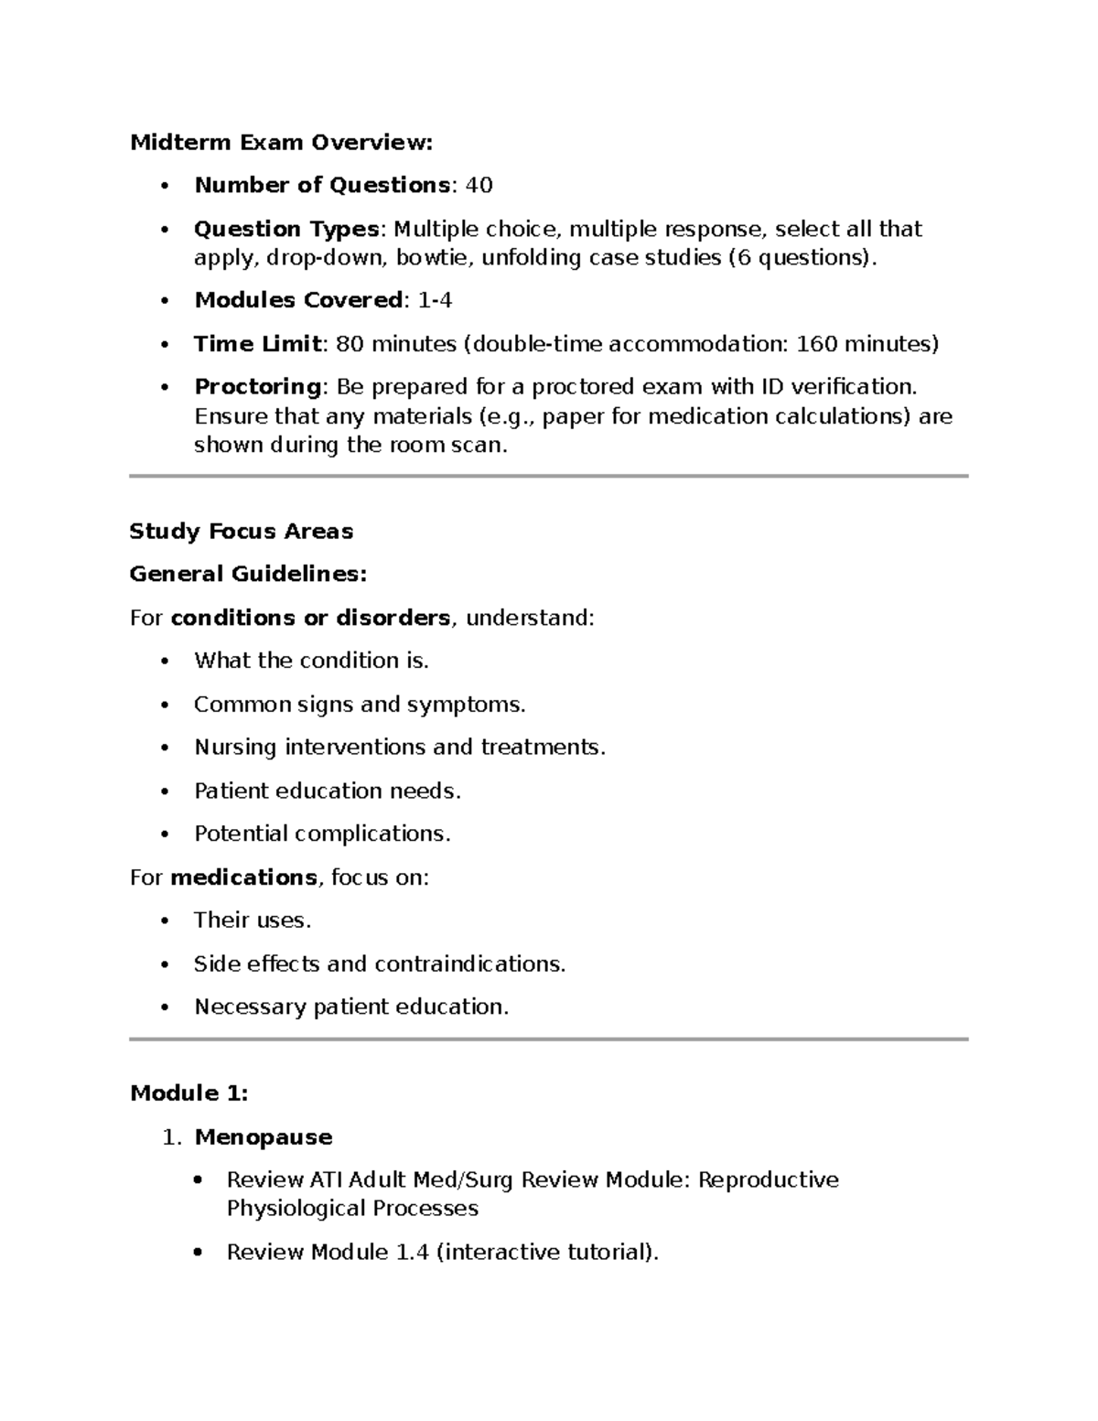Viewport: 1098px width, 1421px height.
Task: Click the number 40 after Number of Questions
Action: pyautogui.click(x=479, y=186)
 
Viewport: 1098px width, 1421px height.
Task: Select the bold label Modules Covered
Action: pyautogui.click(x=298, y=301)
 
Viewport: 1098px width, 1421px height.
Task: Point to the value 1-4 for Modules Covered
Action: pyautogui.click(x=435, y=301)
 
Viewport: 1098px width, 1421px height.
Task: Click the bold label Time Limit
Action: pyautogui.click(x=257, y=344)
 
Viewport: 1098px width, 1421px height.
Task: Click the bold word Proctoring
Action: pyautogui.click(x=257, y=387)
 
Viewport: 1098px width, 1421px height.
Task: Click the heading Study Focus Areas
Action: pyautogui.click(x=242, y=532)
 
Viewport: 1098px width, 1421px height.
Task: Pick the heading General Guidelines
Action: pyautogui.click(x=248, y=575)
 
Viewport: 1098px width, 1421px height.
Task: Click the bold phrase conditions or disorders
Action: pyautogui.click(x=310, y=619)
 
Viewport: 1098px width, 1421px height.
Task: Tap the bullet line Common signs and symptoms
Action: pyautogui.click(x=360, y=705)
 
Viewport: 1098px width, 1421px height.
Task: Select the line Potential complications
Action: pyautogui.click(x=322, y=834)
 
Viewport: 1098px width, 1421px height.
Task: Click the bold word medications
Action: pyautogui.click(x=243, y=877)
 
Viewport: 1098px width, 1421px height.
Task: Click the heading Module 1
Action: pyautogui.click(x=189, y=1093)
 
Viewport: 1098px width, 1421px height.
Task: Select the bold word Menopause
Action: pyautogui.click(x=264, y=1137)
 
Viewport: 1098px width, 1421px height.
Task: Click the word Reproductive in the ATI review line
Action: pyautogui.click(x=769, y=1180)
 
